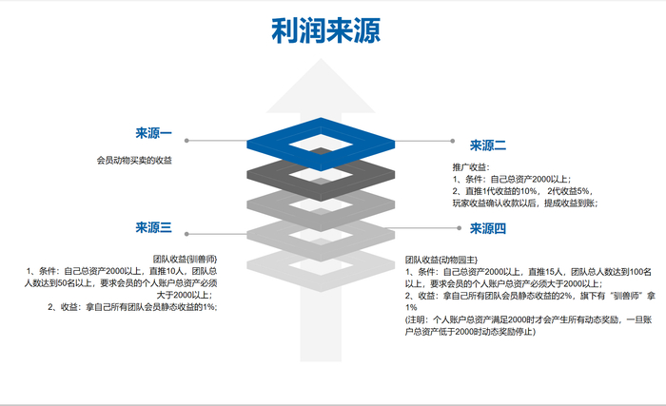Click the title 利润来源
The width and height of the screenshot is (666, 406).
[325, 32]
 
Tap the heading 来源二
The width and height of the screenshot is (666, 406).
[487, 146]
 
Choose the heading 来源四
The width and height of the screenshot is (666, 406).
[487, 228]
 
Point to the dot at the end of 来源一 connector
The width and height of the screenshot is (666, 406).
[186, 141]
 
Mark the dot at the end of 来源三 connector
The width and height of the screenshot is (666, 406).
[186, 233]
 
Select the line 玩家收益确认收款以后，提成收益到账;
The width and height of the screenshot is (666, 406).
[524, 203]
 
